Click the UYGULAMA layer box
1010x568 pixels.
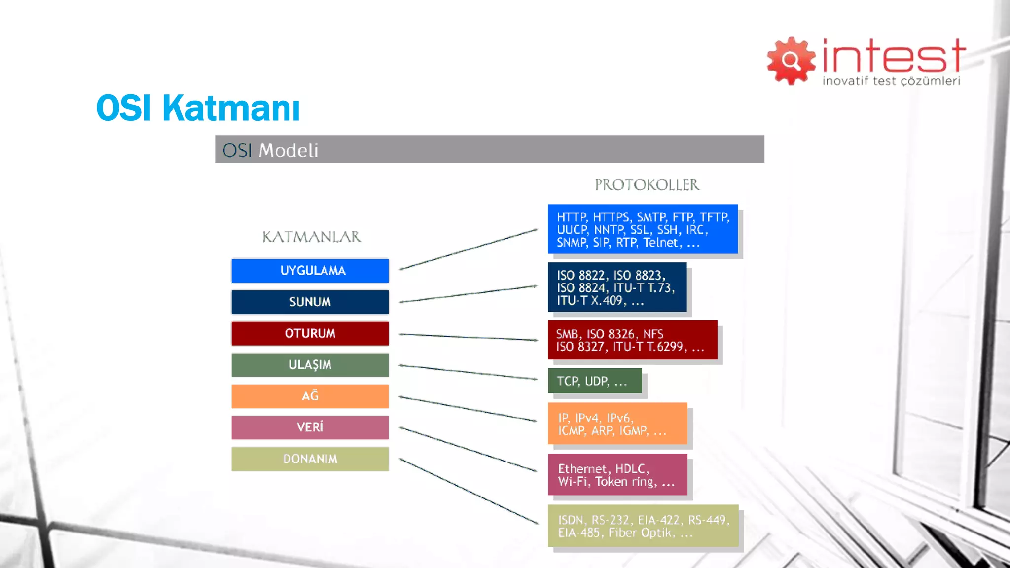point(310,271)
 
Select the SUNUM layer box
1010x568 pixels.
point(310,302)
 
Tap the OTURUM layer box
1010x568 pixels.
point(310,333)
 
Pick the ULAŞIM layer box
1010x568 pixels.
point(310,365)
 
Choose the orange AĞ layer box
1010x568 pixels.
point(310,396)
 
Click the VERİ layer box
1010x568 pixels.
point(310,427)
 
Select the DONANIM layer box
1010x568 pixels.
point(310,459)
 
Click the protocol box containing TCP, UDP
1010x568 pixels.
point(594,381)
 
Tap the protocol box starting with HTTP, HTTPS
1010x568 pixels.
point(642,229)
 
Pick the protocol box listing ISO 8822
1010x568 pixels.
point(616,287)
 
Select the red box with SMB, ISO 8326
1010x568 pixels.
point(632,340)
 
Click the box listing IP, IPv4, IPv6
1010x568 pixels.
point(617,424)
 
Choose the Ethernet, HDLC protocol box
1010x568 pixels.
point(617,475)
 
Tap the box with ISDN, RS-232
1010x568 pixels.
point(643,526)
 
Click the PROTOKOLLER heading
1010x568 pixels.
point(647,185)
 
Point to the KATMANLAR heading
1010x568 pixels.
point(311,237)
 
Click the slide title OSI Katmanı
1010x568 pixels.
point(198,108)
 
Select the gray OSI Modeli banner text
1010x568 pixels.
point(270,150)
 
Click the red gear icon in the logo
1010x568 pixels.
point(791,61)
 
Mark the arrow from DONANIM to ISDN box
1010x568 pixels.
point(469,491)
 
